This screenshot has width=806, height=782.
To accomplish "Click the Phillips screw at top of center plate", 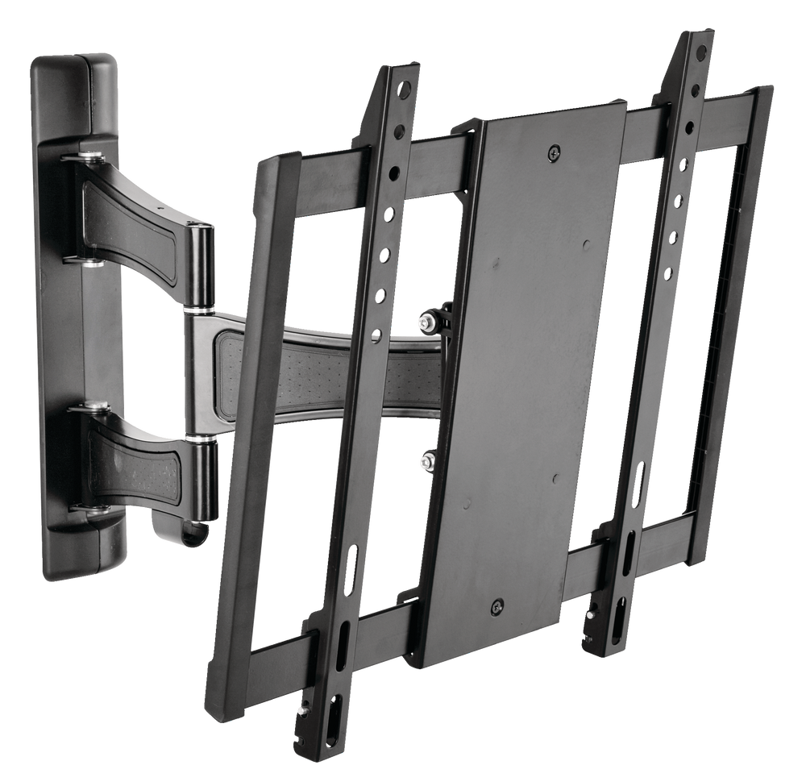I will pyautogui.click(x=554, y=152).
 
